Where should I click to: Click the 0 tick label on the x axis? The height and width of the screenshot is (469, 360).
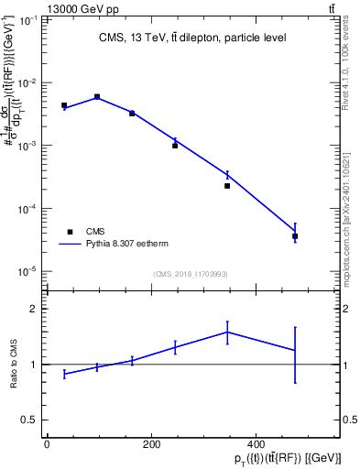[47, 444]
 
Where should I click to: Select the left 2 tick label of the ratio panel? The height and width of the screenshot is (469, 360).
[31, 309]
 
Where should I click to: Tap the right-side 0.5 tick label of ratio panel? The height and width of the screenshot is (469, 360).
[350, 420]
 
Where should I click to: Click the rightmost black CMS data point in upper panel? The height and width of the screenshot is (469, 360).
[295, 236]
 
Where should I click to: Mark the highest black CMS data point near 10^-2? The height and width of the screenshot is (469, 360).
[97, 96]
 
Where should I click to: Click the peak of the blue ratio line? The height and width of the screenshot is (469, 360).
[226, 332]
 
